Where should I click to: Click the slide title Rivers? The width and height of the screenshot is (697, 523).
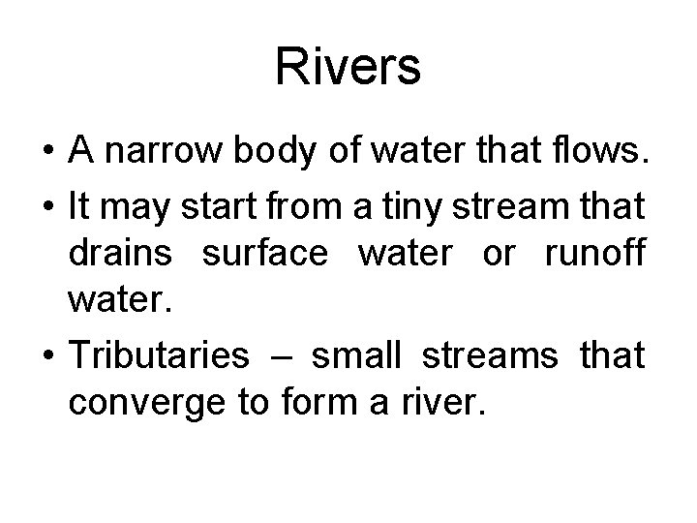pyautogui.click(x=348, y=69)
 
